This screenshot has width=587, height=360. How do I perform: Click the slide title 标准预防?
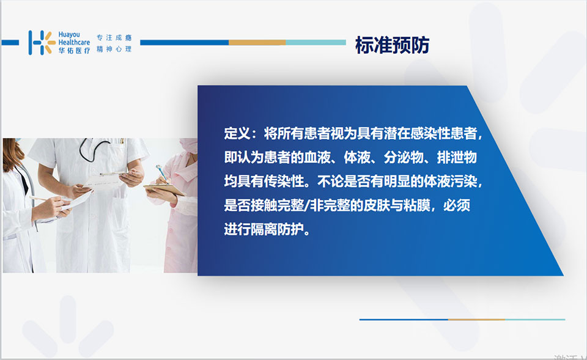pyautogui.click(x=392, y=45)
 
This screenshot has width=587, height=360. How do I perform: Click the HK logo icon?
pyautogui.click(x=42, y=43)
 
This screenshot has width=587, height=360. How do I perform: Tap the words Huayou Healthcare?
pyautogui.click(x=74, y=38)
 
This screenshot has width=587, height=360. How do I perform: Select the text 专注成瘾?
pyautogui.click(x=114, y=37)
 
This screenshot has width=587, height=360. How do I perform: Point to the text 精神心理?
pyautogui.click(x=114, y=49)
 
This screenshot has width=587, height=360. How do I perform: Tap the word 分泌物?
pyautogui.click(x=403, y=158)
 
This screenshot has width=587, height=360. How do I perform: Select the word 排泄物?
pyautogui.click(x=457, y=158)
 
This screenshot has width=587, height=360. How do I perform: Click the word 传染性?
pyautogui.click(x=284, y=182)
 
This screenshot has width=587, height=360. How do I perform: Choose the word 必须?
pyautogui.click(x=457, y=205)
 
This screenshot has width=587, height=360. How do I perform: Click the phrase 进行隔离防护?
pyautogui.click(x=264, y=229)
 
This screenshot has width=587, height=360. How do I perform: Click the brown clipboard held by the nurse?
pyautogui.click(x=164, y=189)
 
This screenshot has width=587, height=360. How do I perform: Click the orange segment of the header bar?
pyautogui.click(x=257, y=43)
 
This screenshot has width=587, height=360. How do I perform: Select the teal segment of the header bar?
pyautogui.click(x=316, y=43)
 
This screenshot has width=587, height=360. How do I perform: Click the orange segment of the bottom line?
pyautogui.click(x=476, y=320)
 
